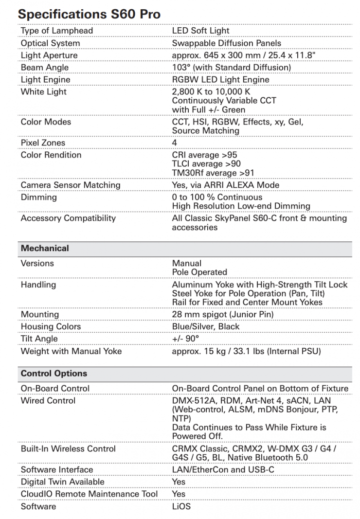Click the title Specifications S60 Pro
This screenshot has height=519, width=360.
[89, 14]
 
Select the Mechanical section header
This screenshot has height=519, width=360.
[45, 248]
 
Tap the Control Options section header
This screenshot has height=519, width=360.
[54, 374]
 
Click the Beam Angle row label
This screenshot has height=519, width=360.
[44, 67]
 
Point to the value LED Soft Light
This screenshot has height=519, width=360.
[200, 31]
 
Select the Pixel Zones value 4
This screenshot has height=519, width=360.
[175, 143]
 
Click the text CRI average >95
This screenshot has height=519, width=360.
[205, 155]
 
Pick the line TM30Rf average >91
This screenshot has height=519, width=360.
[213, 173]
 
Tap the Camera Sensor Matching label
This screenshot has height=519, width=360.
[70, 185]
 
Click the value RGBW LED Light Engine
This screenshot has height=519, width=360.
[220, 79]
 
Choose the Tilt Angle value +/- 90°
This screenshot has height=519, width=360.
[185, 339]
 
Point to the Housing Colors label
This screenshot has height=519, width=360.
[51, 326]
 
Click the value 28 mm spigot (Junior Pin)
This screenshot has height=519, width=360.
[223, 314]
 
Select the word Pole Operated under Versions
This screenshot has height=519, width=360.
[199, 272]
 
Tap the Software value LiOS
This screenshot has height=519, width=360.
[181, 506]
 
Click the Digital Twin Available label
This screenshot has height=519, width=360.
[62, 482]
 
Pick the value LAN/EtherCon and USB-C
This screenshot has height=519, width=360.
[223, 469]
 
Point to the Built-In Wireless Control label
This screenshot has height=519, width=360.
[68, 448]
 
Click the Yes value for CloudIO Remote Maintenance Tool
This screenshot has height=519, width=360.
[179, 494]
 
